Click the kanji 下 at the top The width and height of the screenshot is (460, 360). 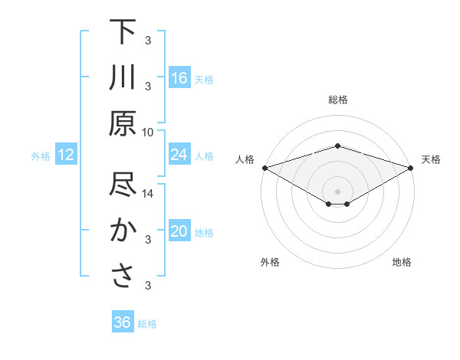click(x=123, y=33)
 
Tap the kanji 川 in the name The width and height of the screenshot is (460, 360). click(x=123, y=79)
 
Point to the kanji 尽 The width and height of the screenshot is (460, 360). click(x=123, y=186)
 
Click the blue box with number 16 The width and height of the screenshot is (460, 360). click(x=179, y=78)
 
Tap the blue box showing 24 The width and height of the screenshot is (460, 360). click(x=179, y=155)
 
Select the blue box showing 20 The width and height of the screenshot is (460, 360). click(x=179, y=232)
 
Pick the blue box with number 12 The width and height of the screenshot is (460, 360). click(x=66, y=155)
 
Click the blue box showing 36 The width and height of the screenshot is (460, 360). click(x=123, y=323)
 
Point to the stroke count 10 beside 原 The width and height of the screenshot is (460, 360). click(x=148, y=132)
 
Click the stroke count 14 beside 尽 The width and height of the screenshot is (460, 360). click(x=148, y=194)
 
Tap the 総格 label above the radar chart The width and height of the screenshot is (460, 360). click(x=338, y=100)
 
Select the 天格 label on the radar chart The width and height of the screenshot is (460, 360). click(x=431, y=159)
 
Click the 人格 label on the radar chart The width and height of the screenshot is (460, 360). click(x=245, y=159)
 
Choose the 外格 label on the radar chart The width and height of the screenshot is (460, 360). click(x=270, y=262)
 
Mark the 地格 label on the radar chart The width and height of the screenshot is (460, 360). click(x=402, y=262)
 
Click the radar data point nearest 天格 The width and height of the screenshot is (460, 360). click(x=412, y=167)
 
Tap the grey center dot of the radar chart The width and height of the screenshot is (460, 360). click(x=337, y=191)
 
